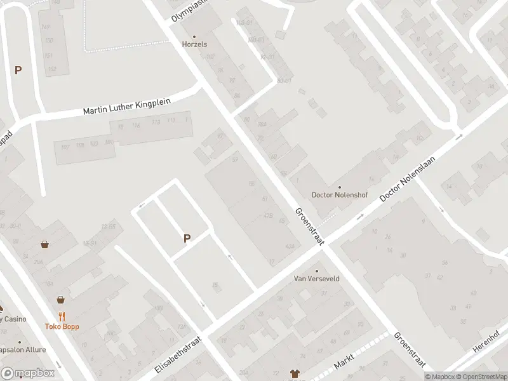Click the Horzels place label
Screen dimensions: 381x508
point(194,44)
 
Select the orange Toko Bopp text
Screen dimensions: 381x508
point(62,326)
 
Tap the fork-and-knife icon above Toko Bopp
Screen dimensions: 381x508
point(62,316)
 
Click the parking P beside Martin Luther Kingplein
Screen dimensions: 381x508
point(18,70)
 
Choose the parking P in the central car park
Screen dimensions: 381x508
point(187,238)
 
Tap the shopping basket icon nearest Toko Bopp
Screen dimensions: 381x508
point(60,300)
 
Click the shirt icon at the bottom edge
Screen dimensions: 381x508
point(295,373)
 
